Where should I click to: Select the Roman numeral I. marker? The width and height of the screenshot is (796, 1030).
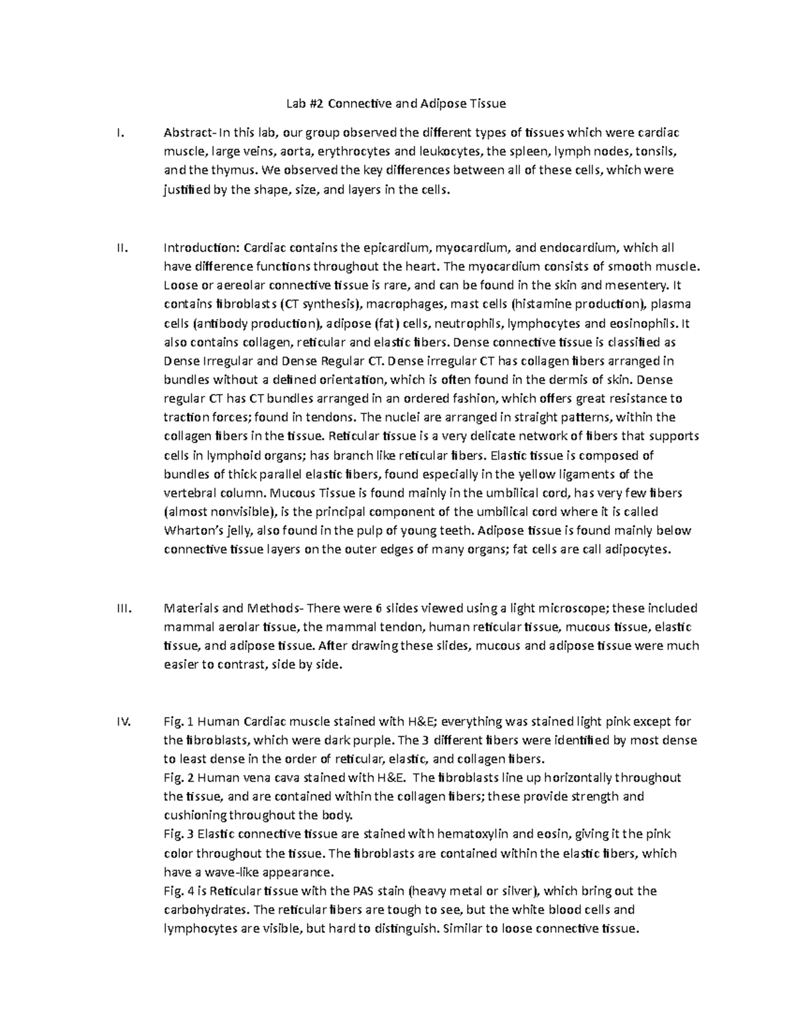coord(119,132)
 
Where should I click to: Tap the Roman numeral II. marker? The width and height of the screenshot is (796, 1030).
coord(121,248)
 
